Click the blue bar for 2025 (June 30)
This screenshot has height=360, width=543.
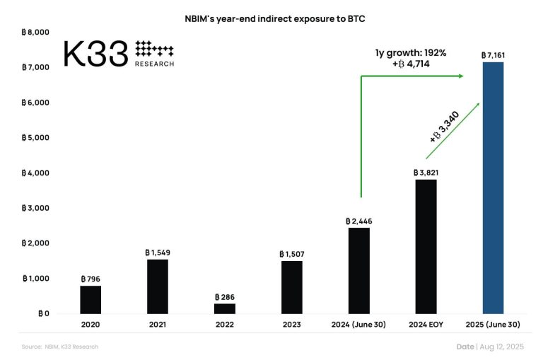[493, 187]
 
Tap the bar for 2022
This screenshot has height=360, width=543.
[224, 308]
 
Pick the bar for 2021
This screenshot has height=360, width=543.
[157, 286]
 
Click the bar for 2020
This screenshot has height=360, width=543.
[90, 299]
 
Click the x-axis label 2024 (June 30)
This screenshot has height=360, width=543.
[358, 325]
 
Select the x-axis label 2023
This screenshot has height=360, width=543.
[291, 325]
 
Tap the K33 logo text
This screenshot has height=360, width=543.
[95, 54]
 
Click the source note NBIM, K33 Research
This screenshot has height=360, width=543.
[59, 347]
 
